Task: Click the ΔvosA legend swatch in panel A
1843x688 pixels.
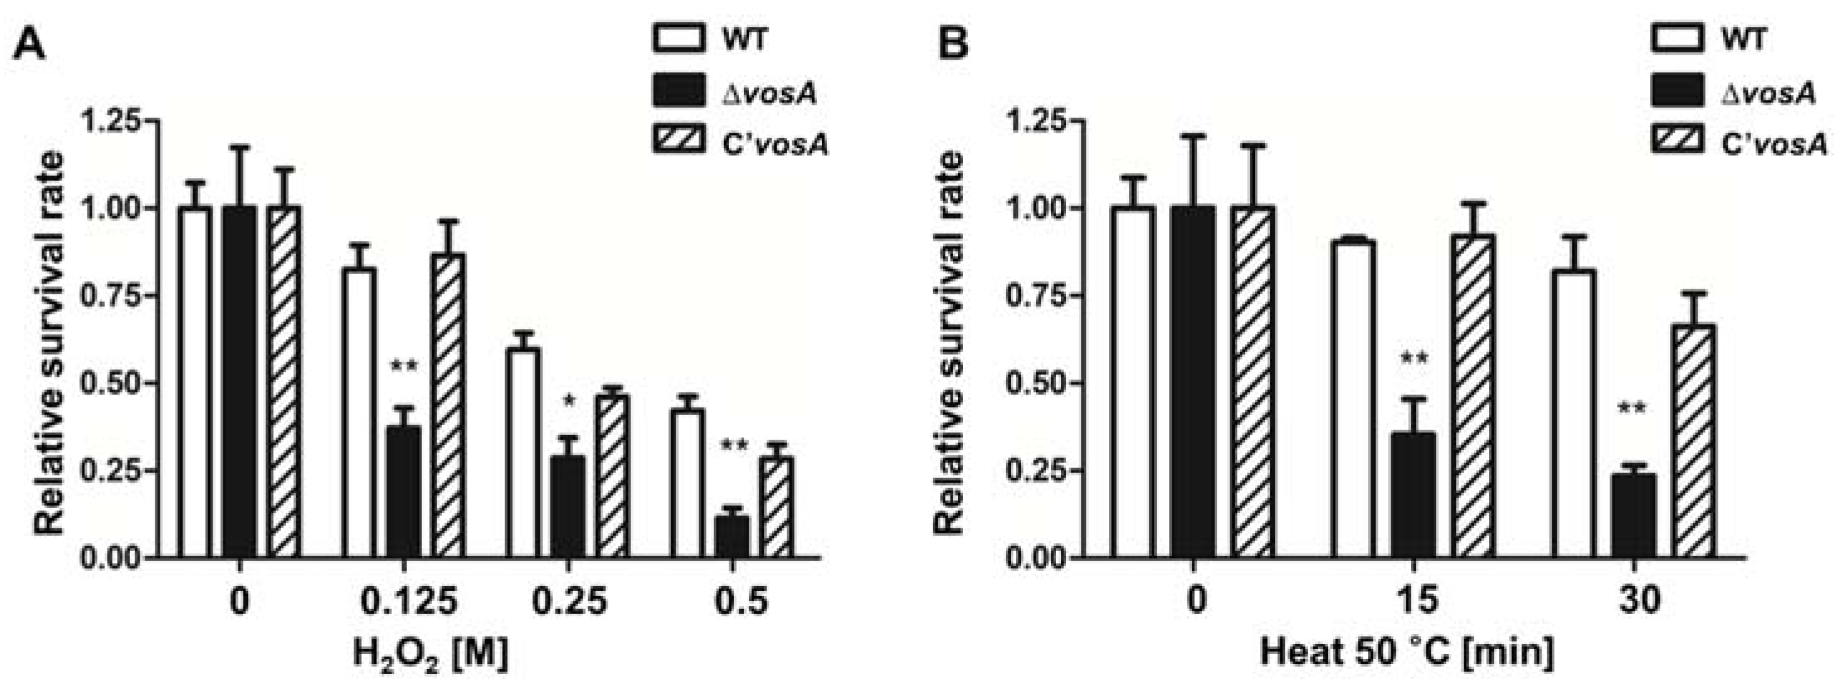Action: [678, 91]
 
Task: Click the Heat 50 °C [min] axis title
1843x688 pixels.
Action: [1406, 653]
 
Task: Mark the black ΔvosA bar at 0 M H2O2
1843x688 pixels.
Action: [239, 382]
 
